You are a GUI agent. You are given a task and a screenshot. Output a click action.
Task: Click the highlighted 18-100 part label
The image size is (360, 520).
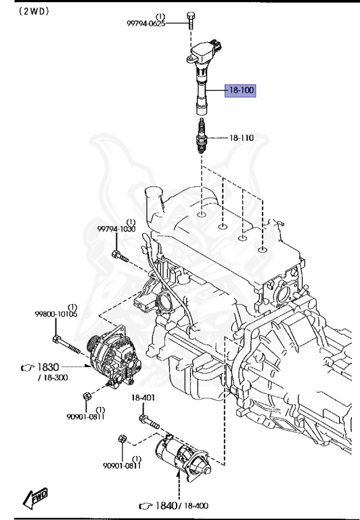click(x=240, y=90)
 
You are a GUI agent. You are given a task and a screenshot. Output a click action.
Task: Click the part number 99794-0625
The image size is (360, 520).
click(x=146, y=23)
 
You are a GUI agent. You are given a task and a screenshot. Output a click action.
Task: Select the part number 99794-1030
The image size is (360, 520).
click(x=116, y=230)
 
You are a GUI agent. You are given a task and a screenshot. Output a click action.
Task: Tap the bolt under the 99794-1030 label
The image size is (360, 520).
click(x=118, y=256)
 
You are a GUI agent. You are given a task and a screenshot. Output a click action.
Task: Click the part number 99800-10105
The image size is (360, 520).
click(x=55, y=314)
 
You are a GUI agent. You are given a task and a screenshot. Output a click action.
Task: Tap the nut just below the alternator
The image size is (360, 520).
click(x=86, y=396)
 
